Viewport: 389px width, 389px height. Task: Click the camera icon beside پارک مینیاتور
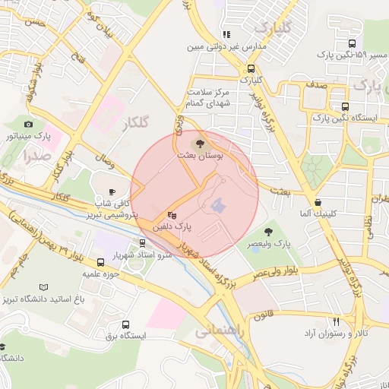(28, 124)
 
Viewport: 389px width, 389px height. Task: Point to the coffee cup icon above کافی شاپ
(112, 191)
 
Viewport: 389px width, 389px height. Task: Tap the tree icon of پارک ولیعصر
(268, 232)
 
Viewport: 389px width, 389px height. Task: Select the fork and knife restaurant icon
(336, 321)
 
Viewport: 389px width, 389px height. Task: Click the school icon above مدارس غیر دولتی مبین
(226, 34)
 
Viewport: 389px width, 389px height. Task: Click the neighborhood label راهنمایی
(218, 332)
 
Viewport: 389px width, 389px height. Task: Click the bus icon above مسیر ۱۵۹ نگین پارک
(353, 43)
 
